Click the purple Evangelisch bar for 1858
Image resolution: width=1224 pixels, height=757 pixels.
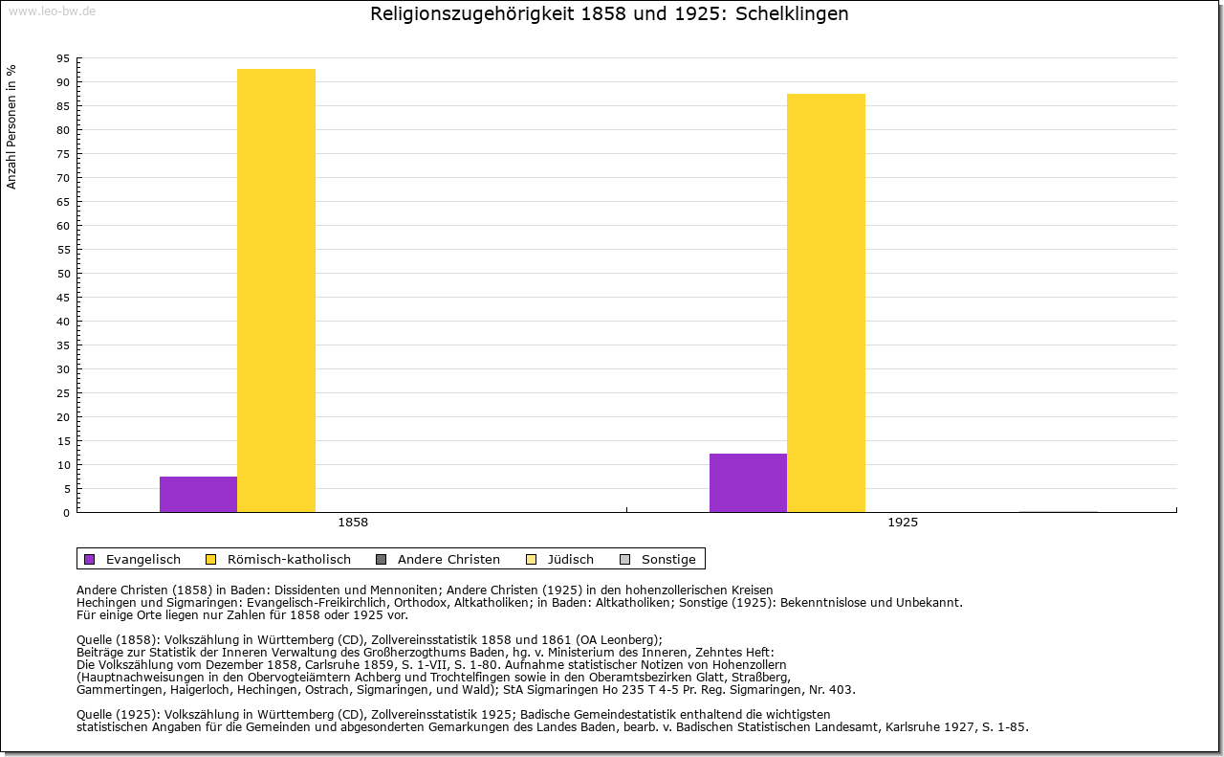point(198,494)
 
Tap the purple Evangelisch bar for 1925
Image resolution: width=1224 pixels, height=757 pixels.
point(748,482)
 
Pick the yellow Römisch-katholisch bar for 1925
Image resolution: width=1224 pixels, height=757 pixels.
point(826,302)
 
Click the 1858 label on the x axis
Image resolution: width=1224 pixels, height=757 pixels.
point(353,523)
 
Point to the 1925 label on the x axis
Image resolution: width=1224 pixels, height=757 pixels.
point(903,523)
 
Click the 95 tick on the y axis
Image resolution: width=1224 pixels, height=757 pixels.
point(63,58)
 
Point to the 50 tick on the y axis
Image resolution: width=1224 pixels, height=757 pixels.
point(63,274)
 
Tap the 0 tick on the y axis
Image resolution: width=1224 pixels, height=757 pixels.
point(66,513)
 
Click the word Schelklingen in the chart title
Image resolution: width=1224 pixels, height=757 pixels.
point(792,14)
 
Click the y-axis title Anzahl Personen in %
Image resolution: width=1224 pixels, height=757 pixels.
point(12,126)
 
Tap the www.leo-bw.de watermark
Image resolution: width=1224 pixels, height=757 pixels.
point(52,11)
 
